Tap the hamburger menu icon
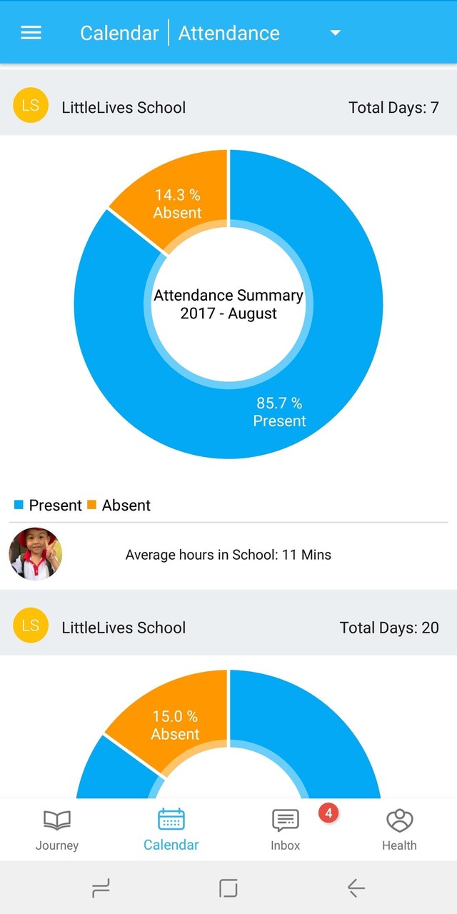point(31,33)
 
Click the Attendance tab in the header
point(228,33)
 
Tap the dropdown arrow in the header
point(335,33)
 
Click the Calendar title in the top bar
point(119,33)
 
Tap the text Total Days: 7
point(393,108)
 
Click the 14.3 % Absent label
point(178,204)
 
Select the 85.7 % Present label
point(279,412)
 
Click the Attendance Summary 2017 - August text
point(228,304)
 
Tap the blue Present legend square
point(19,505)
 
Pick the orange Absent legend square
point(91,505)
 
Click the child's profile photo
point(35,554)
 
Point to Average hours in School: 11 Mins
point(228,555)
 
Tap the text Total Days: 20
point(389,628)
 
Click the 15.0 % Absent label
point(175,725)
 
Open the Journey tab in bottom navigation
point(57,830)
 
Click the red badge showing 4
point(328,813)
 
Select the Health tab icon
point(399,821)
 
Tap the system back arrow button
point(356,888)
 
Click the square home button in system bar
point(228,888)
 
